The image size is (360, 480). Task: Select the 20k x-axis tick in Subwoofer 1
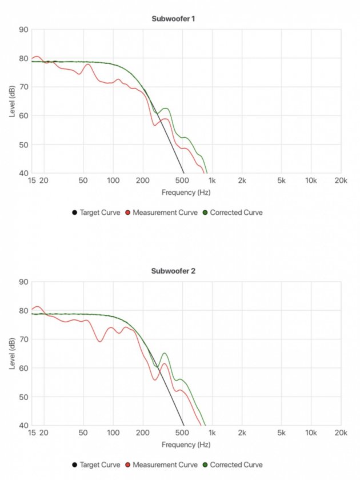pyautogui.click(x=341, y=181)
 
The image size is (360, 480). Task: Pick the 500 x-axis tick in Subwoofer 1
pyautogui.click(x=183, y=181)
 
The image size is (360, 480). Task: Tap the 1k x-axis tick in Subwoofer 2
pyautogui.click(x=213, y=433)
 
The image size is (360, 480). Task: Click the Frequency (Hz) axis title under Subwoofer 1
pyautogui.click(x=186, y=193)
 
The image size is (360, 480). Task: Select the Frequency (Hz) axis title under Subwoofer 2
pyautogui.click(x=186, y=445)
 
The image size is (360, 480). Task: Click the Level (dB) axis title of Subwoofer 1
pyautogui.click(x=12, y=101)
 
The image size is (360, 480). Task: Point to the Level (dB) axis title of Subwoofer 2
pyautogui.click(x=12, y=353)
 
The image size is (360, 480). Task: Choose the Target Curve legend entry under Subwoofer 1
pyautogui.click(x=100, y=213)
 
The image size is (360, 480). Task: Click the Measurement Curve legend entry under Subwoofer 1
pyautogui.click(x=165, y=213)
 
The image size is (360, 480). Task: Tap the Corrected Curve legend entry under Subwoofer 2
pyautogui.click(x=236, y=465)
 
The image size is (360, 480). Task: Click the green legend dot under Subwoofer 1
pyautogui.click(x=205, y=213)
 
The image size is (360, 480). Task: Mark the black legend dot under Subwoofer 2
pyautogui.click(x=75, y=465)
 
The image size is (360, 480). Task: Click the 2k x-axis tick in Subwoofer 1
pyautogui.click(x=242, y=181)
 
